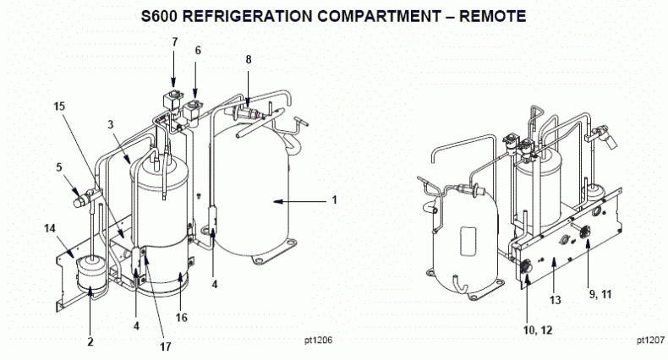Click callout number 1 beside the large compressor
334,200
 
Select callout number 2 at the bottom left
90,342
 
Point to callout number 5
59,166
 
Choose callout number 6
198,51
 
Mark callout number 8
248,59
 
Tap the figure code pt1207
649,341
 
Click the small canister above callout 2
89,273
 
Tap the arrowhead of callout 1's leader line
274,200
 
